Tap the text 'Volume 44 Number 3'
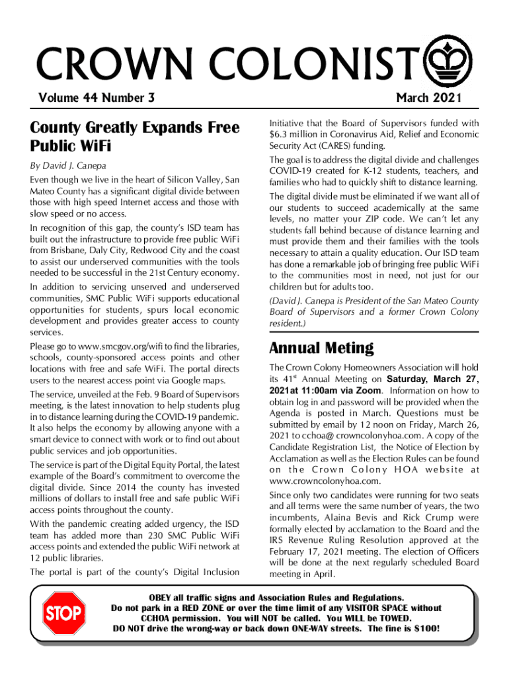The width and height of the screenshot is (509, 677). (97, 99)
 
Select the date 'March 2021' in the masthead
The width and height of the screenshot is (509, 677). (428, 99)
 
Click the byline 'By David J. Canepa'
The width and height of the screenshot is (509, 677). (68, 165)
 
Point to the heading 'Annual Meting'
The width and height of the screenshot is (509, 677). (321, 348)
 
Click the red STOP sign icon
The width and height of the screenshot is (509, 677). (63, 613)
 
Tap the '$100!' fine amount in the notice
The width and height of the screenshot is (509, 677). (424, 628)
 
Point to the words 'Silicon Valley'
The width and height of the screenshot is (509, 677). (189, 180)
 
